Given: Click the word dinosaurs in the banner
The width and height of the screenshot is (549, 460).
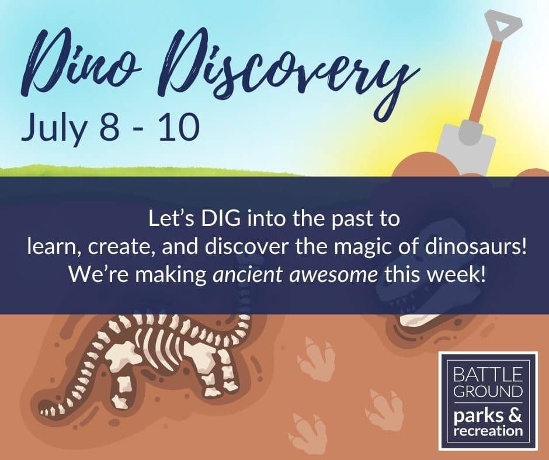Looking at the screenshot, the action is click(x=475, y=246).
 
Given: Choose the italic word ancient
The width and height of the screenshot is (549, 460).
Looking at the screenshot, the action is click(x=248, y=275).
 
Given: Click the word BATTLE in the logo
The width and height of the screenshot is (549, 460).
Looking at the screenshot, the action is click(x=488, y=375).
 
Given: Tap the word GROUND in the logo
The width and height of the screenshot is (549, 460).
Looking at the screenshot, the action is click(x=488, y=391).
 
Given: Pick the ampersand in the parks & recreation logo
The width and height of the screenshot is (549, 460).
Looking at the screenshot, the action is click(x=514, y=415).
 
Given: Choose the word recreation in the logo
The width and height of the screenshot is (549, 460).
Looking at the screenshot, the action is click(x=488, y=431).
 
